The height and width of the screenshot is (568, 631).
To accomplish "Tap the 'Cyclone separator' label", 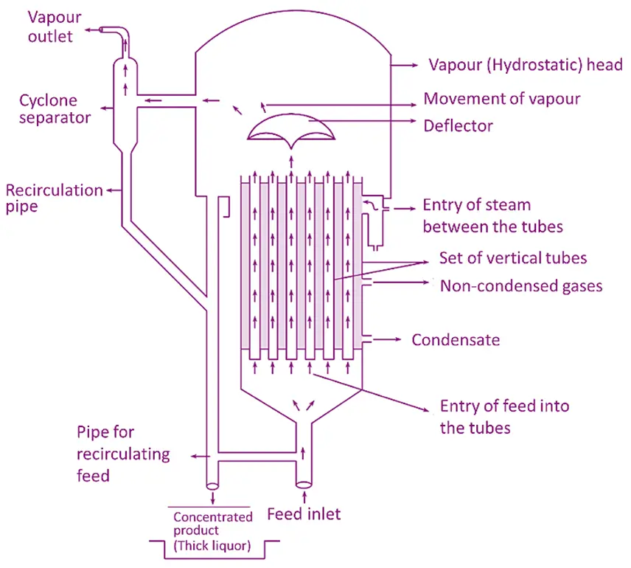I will click(48, 108).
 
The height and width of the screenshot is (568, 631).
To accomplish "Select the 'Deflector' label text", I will click(458, 126).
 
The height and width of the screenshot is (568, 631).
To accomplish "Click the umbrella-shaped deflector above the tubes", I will click(290, 134).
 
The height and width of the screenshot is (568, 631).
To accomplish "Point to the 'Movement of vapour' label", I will click(502, 99).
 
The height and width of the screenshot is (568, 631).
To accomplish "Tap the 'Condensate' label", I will click(456, 340).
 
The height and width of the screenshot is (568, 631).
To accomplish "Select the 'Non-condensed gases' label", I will click(520, 285).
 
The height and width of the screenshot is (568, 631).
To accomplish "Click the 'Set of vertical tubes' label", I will click(513, 258).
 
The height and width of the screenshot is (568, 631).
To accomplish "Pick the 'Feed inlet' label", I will click(304, 513).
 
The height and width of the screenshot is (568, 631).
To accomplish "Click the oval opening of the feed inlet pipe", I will click(302, 485).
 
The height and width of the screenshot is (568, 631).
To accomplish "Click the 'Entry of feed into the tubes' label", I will click(504, 417).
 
